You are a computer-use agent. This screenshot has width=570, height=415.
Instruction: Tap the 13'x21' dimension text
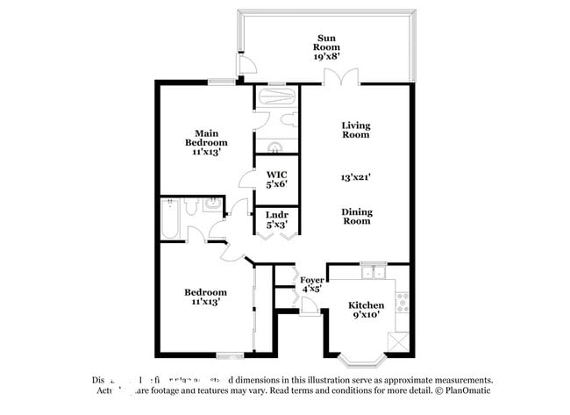(x=355, y=176)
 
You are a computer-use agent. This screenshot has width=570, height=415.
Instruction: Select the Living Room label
(x=355, y=130)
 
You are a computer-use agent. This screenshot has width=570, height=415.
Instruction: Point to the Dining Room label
(x=355, y=216)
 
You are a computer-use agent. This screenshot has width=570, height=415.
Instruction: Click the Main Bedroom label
(x=206, y=142)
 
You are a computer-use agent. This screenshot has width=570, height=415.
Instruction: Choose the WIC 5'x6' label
(x=276, y=180)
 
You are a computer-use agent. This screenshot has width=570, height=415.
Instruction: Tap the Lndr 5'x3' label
(x=276, y=220)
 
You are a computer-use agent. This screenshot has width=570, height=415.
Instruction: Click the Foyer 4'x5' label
(x=312, y=283)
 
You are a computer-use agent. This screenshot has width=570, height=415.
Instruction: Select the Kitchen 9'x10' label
(x=368, y=310)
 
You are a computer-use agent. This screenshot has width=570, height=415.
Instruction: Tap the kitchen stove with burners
(x=403, y=304)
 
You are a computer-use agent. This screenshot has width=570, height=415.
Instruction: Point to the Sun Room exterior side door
(x=246, y=67)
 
